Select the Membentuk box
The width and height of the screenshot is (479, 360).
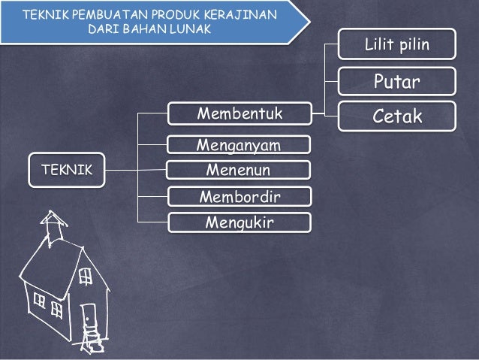coord(239,114)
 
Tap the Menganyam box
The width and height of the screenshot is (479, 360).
coord(239,144)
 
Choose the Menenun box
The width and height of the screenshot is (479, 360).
coord(239,171)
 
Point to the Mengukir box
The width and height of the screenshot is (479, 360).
coord(239,222)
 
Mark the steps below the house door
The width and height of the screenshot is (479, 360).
coord(94,340)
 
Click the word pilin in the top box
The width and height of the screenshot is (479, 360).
coord(414,46)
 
